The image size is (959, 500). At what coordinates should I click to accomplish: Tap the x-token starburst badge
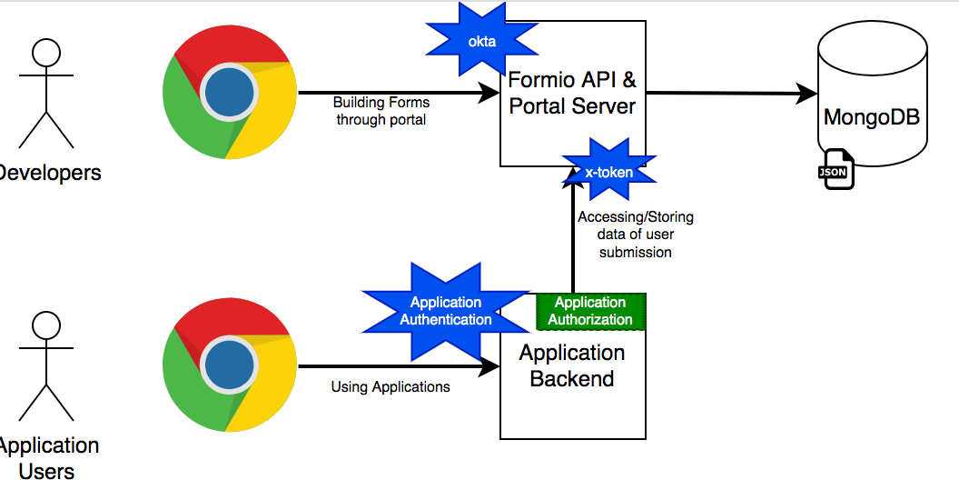pos(608,171)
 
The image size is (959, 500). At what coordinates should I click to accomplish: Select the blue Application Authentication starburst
pos(446,311)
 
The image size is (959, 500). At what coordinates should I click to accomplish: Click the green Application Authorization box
pos(590,311)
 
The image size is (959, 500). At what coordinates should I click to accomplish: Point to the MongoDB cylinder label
pos(871,117)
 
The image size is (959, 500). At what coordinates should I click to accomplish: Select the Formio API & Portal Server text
pos(572,93)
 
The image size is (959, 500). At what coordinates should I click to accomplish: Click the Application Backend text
pos(572,365)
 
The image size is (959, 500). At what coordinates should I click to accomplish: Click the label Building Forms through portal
pos(381,111)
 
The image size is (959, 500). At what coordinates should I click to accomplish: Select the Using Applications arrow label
pos(391,386)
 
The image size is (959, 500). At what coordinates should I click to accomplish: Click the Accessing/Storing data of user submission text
pos(636,235)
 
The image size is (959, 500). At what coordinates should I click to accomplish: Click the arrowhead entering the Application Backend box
pos(490,367)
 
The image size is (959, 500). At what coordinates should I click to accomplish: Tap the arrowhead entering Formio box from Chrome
pos(490,93)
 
